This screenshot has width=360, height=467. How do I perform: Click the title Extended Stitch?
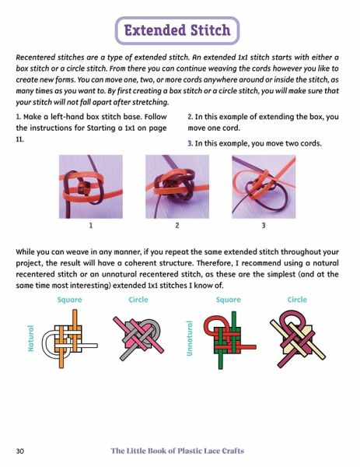click(177, 30)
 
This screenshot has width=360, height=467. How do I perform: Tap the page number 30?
click(20, 451)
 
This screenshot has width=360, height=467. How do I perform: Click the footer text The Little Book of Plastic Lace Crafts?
click(177, 451)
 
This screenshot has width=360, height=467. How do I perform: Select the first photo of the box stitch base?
click(91, 187)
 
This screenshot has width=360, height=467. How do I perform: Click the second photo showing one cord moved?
click(177, 187)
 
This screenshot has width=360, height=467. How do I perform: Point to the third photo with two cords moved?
click(264, 187)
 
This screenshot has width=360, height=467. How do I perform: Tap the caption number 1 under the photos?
click(91, 226)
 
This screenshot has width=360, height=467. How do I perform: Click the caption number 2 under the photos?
click(177, 226)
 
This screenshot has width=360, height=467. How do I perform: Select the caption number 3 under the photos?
click(264, 226)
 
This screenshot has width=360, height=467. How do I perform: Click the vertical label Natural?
click(30, 339)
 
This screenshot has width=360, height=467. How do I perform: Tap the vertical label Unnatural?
click(190, 339)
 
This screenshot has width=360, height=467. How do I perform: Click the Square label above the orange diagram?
click(70, 300)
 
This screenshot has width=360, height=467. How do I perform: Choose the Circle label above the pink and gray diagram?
click(138, 300)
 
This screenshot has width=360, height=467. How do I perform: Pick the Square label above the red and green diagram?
click(229, 300)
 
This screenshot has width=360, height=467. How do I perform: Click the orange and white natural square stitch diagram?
click(70, 339)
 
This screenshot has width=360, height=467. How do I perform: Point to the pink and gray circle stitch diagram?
click(138, 339)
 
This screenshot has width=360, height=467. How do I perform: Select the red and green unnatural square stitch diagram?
click(229, 340)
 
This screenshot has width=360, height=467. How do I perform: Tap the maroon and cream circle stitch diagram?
click(298, 339)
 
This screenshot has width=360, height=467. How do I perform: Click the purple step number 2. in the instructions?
click(190, 117)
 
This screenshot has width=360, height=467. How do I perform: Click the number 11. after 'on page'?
click(19, 139)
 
